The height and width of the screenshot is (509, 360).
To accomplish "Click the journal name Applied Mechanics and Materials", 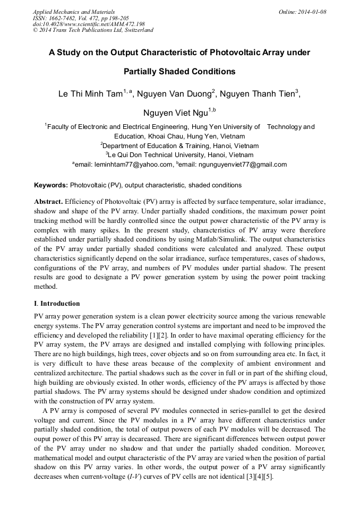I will click(74, 12).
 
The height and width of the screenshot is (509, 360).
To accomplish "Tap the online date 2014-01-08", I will click(310, 12).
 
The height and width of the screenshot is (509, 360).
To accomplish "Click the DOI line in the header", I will click(89, 24).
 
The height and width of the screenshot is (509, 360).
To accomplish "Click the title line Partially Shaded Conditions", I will click(179, 71).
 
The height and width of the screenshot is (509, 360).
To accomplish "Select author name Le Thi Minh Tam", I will click(90, 94).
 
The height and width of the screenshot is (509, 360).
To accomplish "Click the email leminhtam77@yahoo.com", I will click(133, 165).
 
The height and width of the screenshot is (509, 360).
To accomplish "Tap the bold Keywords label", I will click(50, 185).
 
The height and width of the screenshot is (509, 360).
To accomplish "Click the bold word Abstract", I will click(48, 202).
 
